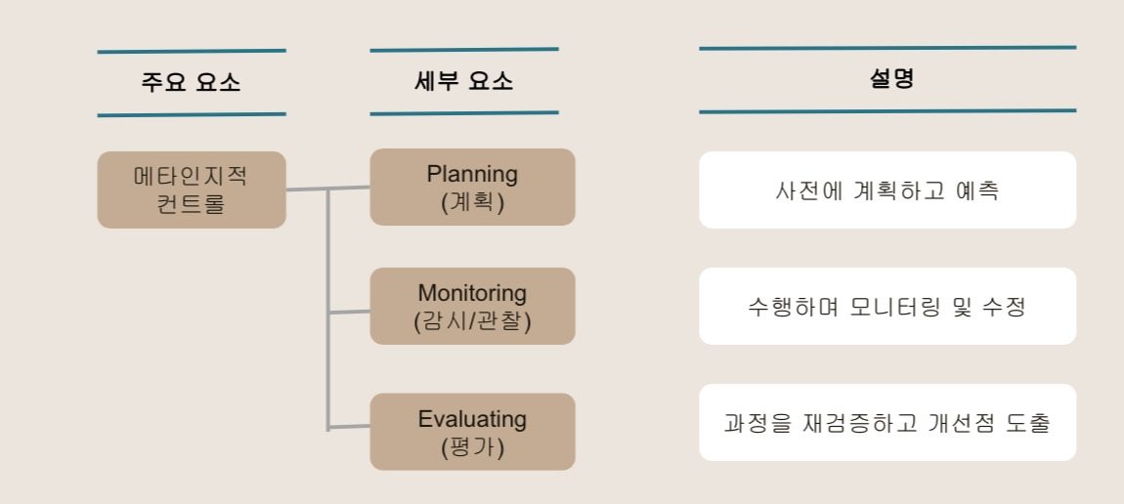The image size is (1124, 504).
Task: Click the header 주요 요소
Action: [191, 82]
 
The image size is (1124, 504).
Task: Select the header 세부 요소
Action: [463, 81]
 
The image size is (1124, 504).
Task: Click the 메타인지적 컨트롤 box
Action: [191, 189]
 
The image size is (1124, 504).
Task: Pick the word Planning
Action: [472, 174]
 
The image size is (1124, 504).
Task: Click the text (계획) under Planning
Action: [472, 202]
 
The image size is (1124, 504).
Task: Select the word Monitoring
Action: [472, 293]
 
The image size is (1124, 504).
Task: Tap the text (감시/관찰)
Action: [472, 320]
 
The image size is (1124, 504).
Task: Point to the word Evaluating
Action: [472, 419]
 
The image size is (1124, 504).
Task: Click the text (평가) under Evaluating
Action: [472, 447]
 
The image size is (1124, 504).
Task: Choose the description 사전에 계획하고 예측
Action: [887, 190]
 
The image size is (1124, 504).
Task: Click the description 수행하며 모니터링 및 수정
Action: [887, 307]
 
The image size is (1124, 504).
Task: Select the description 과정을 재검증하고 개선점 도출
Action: [887, 423]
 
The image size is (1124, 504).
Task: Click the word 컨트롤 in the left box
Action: [191, 205]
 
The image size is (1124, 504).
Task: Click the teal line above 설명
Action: [887, 47]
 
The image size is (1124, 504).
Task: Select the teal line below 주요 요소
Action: [191, 114]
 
